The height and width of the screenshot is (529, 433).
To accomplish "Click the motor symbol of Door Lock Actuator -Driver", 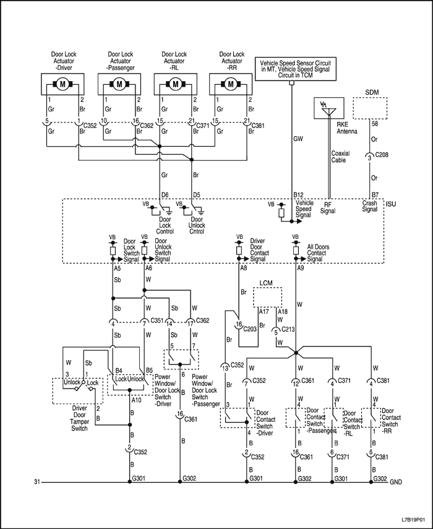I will (x=62, y=84).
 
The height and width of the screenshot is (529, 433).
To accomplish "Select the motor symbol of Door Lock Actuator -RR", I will (x=231, y=84).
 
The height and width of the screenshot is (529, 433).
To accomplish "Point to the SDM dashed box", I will (x=369, y=109).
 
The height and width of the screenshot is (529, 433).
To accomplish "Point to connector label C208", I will (x=383, y=158).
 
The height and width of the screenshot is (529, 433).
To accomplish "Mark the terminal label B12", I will (x=299, y=195).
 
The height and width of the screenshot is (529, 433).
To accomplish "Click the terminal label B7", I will (x=375, y=195).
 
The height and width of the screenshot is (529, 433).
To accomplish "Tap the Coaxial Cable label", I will (x=340, y=157).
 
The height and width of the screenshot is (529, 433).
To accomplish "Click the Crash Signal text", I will (x=371, y=206).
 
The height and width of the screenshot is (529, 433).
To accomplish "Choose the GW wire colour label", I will (x=298, y=140).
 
